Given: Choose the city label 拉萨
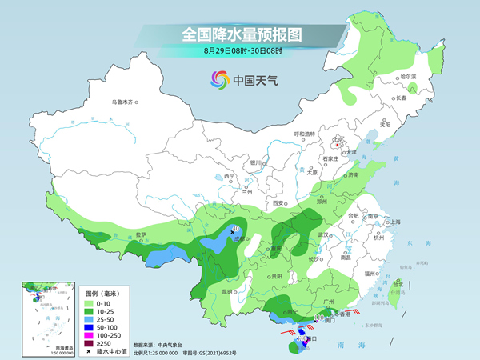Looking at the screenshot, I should (x=141, y=234).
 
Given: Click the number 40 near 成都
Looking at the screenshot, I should (x=236, y=229).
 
